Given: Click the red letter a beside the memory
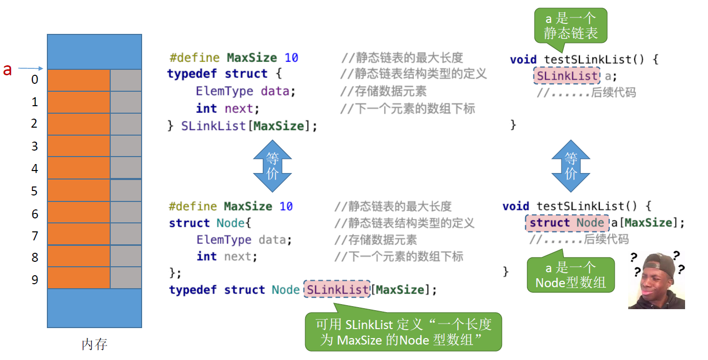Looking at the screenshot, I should click(7, 70).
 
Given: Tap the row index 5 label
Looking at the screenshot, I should click(34, 191).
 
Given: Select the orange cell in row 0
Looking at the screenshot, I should click(78, 80).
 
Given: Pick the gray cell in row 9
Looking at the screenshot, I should click(126, 278).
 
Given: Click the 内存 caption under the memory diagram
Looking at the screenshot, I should click(94, 344).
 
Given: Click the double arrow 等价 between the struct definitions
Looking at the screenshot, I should click(272, 167).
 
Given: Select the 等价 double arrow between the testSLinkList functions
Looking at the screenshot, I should click(570, 167).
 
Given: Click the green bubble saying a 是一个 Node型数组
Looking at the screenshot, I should click(570, 275).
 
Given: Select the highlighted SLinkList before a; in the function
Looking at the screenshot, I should click(566, 76).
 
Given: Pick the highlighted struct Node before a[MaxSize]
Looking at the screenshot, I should click(567, 223).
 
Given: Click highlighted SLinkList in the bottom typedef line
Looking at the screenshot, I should click(337, 290).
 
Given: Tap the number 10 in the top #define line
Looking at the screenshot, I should click(291, 58).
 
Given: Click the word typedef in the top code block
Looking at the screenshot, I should click(192, 74).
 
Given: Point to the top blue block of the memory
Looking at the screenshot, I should click(94, 51).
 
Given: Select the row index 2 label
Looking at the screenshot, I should click(34, 123).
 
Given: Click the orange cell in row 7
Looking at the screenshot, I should click(78, 234).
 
